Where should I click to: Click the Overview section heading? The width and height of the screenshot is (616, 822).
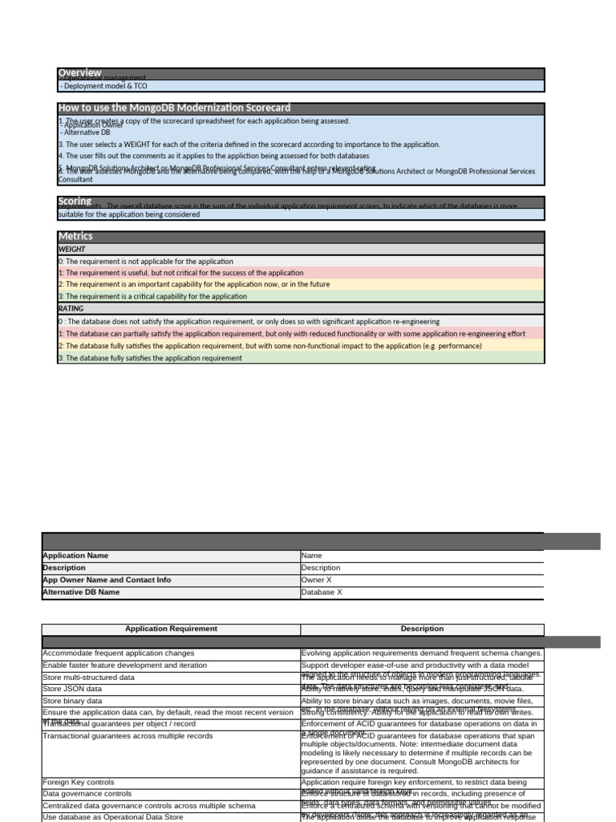click(79, 73)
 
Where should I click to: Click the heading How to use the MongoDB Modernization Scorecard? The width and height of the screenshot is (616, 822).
click(174, 108)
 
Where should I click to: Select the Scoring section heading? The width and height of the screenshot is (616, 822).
click(75, 201)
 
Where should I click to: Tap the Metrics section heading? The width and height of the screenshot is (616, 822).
click(75, 236)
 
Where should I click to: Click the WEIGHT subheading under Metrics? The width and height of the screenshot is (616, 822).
click(72, 250)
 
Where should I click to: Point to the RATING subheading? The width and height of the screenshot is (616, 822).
click(71, 308)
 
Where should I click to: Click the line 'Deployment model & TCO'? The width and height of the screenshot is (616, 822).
click(103, 86)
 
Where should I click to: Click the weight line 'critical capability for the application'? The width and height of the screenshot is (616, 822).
click(152, 296)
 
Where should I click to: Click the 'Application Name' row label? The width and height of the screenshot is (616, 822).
click(75, 555)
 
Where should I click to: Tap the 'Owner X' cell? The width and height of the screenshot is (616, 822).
click(314, 580)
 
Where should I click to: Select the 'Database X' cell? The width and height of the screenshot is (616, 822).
click(321, 592)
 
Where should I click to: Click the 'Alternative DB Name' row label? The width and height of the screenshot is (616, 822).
click(80, 592)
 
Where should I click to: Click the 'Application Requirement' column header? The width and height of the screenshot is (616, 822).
click(171, 629)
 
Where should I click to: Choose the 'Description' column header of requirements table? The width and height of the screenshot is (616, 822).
click(422, 629)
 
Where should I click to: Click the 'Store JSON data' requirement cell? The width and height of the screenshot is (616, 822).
click(72, 689)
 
